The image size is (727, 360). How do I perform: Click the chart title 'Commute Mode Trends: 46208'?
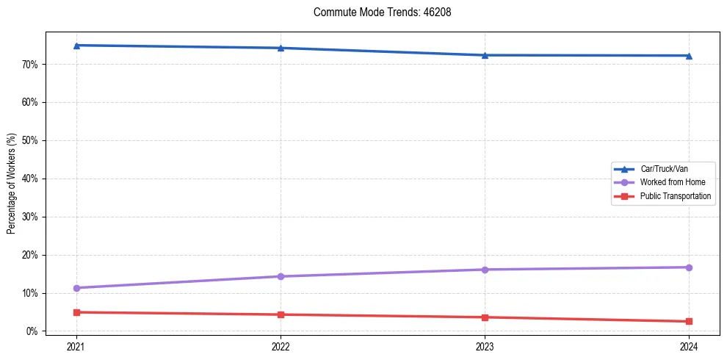(377, 12)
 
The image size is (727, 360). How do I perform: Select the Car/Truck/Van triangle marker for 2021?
(76, 46)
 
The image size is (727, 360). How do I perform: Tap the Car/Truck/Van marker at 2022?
(281, 48)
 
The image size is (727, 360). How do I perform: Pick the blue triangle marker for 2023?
(485, 55)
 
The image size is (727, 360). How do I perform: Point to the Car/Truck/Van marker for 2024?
(689, 56)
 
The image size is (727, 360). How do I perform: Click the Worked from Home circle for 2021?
(76, 288)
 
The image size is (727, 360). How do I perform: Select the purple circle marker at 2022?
(281, 276)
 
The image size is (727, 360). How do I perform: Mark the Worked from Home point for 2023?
(485, 270)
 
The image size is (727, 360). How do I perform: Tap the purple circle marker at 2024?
(689, 267)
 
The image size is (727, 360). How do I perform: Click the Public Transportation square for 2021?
(76, 312)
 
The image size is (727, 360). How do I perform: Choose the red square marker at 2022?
(281, 314)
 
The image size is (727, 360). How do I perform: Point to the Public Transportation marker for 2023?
(485, 317)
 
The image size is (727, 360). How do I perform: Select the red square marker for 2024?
(689, 321)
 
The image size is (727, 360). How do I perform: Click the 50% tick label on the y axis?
(30, 140)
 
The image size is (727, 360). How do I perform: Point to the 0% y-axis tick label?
(32, 331)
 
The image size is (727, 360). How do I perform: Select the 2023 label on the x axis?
(485, 346)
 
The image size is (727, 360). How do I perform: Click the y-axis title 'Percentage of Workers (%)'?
(12, 184)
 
